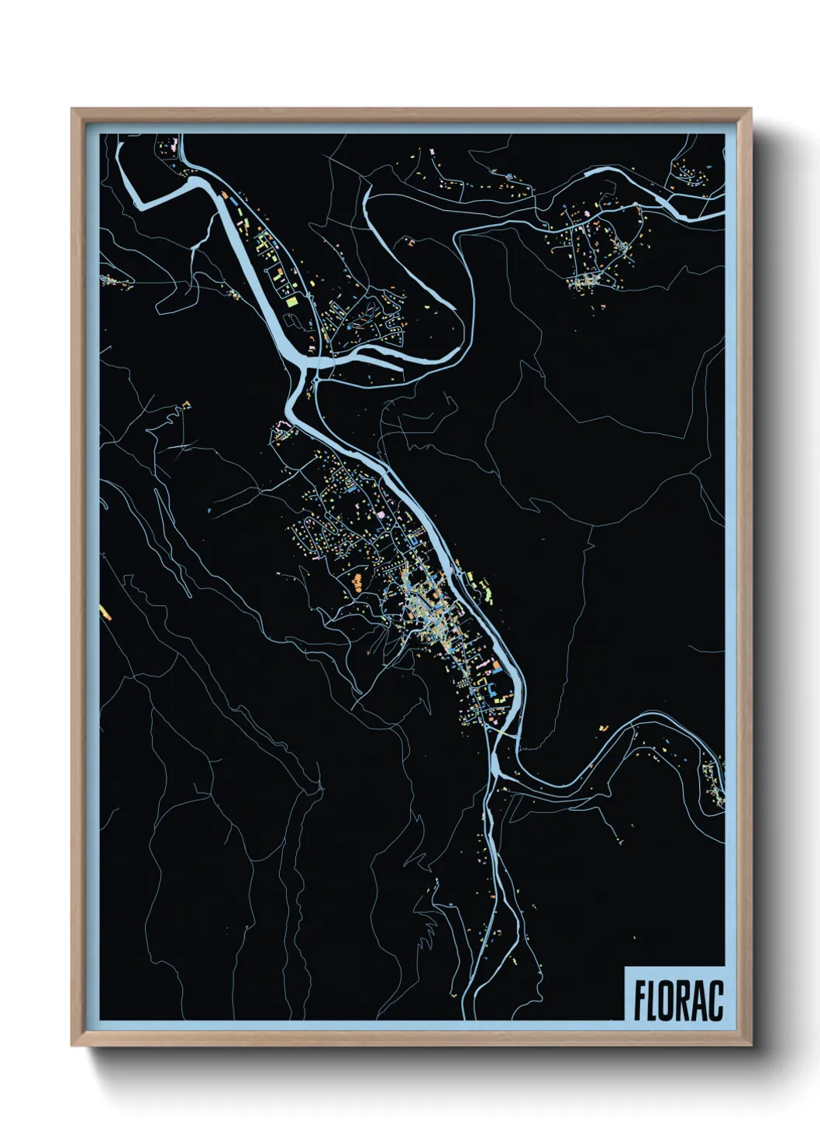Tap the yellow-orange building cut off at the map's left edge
(x=105, y=612)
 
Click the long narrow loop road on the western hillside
(x=172, y=542)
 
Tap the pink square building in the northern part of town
(x=381, y=513)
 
